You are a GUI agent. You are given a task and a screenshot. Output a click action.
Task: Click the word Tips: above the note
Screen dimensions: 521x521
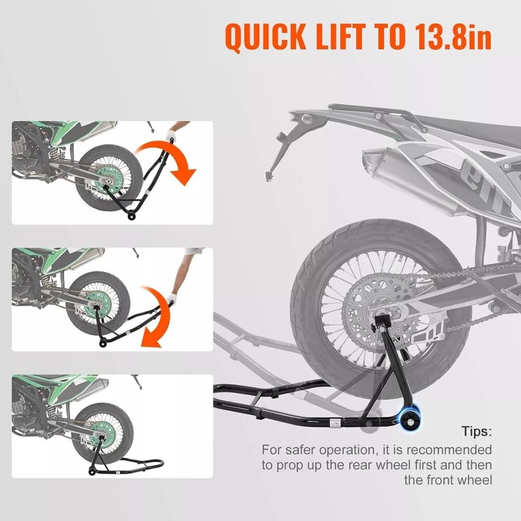click(x=477, y=432)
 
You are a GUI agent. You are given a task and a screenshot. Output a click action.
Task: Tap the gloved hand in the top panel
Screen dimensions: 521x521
click(x=173, y=135)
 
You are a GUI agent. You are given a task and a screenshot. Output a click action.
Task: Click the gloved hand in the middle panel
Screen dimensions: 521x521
click(x=173, y=298)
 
